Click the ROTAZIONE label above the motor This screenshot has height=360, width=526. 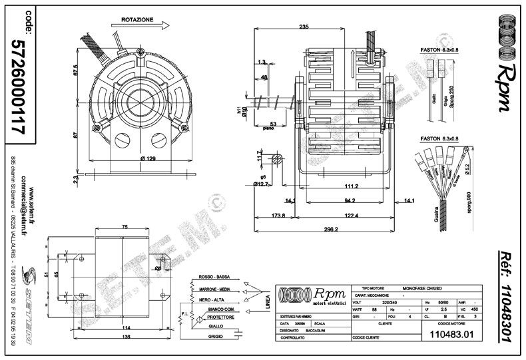138,21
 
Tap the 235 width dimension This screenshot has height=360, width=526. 304,27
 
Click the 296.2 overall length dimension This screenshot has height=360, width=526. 330,229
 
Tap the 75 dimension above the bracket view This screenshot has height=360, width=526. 123,226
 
